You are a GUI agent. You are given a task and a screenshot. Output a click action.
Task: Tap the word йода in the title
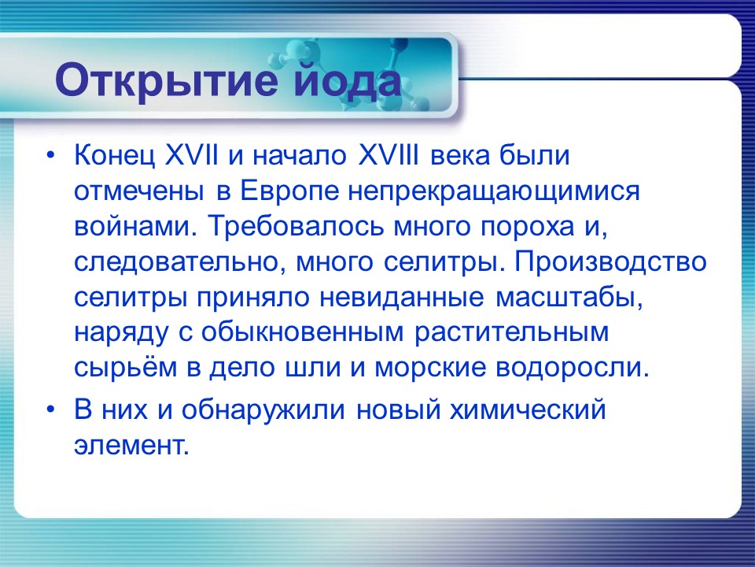[344, 81]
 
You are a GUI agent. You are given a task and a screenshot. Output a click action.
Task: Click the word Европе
[285, 191]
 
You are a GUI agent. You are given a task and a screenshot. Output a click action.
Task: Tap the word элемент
[131, 446]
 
